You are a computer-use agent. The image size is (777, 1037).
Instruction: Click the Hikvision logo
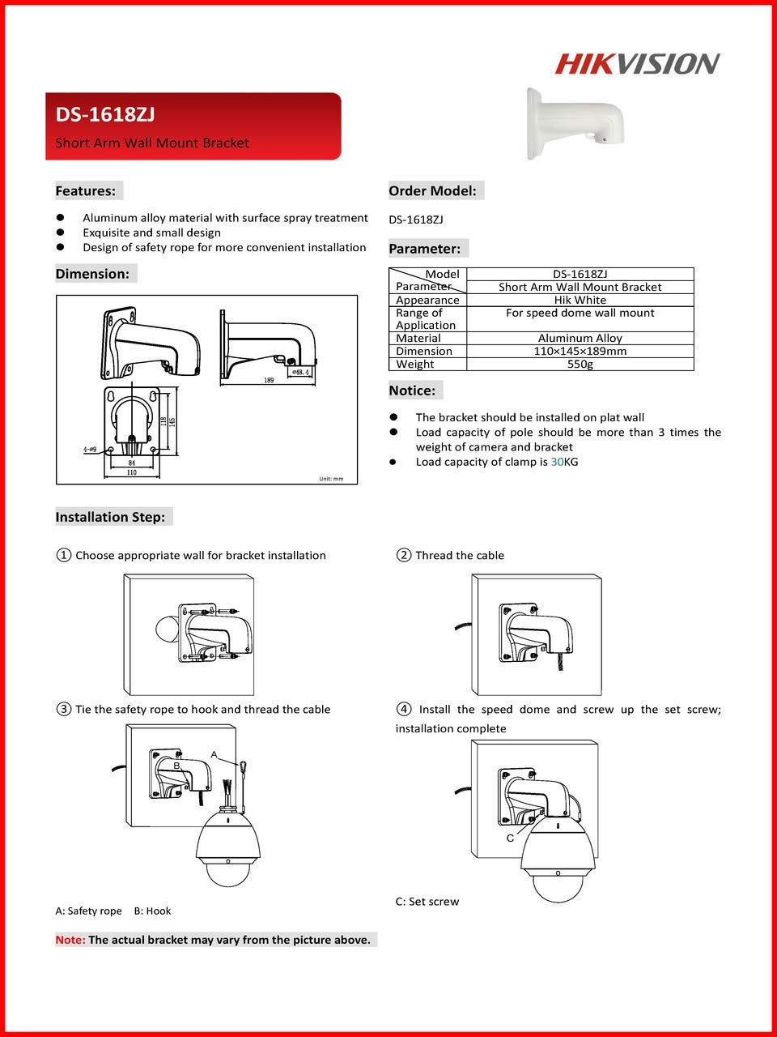(637, 64)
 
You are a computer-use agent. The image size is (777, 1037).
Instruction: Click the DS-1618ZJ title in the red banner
(105, 115)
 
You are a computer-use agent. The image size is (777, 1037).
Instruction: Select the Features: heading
(86, 191)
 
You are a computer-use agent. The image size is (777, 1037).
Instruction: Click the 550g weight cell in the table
(580, 365)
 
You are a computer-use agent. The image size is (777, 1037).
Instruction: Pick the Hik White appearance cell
(580, 300)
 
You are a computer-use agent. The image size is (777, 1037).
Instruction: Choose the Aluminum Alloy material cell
(580, 339)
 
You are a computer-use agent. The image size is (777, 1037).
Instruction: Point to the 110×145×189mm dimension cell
(580, 352)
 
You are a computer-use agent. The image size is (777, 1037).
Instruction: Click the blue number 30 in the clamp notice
(557, 462)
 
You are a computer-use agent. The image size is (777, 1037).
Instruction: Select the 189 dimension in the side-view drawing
(268, 379)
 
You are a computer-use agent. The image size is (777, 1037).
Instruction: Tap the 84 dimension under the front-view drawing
(132, 463)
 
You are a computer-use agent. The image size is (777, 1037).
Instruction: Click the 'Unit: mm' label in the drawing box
(330, 479)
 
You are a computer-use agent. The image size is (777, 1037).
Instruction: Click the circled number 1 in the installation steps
(63, 555)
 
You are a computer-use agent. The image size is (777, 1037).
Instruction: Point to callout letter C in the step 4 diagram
(510, 839)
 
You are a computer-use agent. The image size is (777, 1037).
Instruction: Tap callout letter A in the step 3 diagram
(214, 754)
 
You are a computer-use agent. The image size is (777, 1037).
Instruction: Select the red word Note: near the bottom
(70, 940)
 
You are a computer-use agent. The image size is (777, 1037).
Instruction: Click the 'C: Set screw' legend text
(427, 902)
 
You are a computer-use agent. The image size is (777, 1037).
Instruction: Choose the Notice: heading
(413, 390)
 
